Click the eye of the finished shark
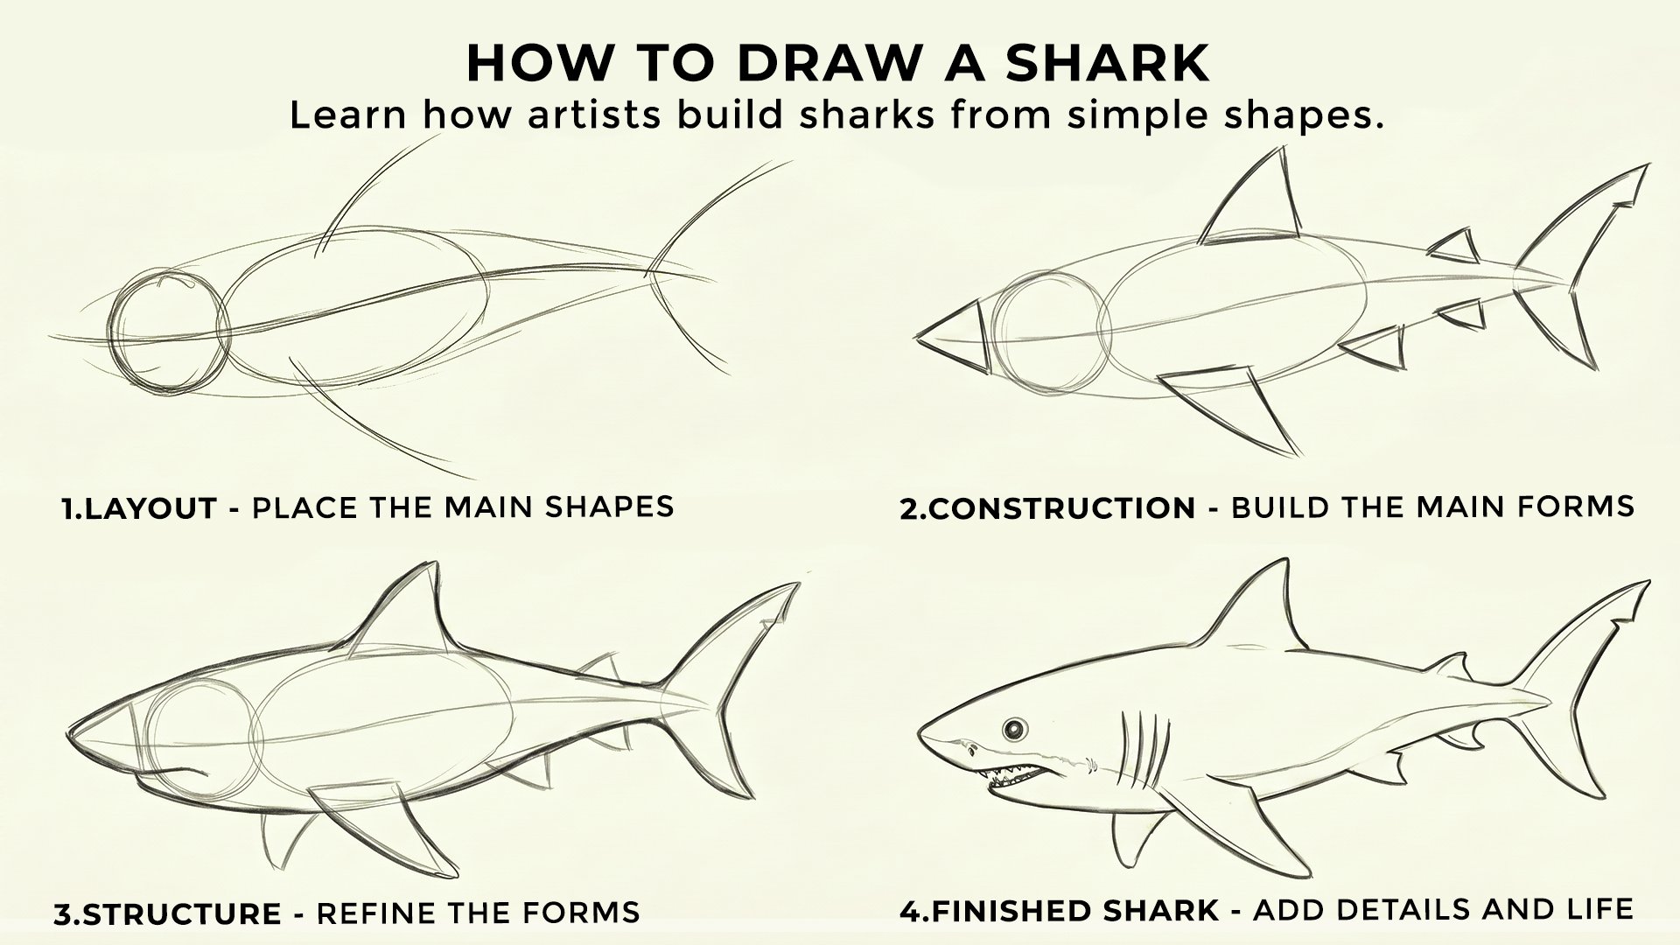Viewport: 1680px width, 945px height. [x=1015, y=729]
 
